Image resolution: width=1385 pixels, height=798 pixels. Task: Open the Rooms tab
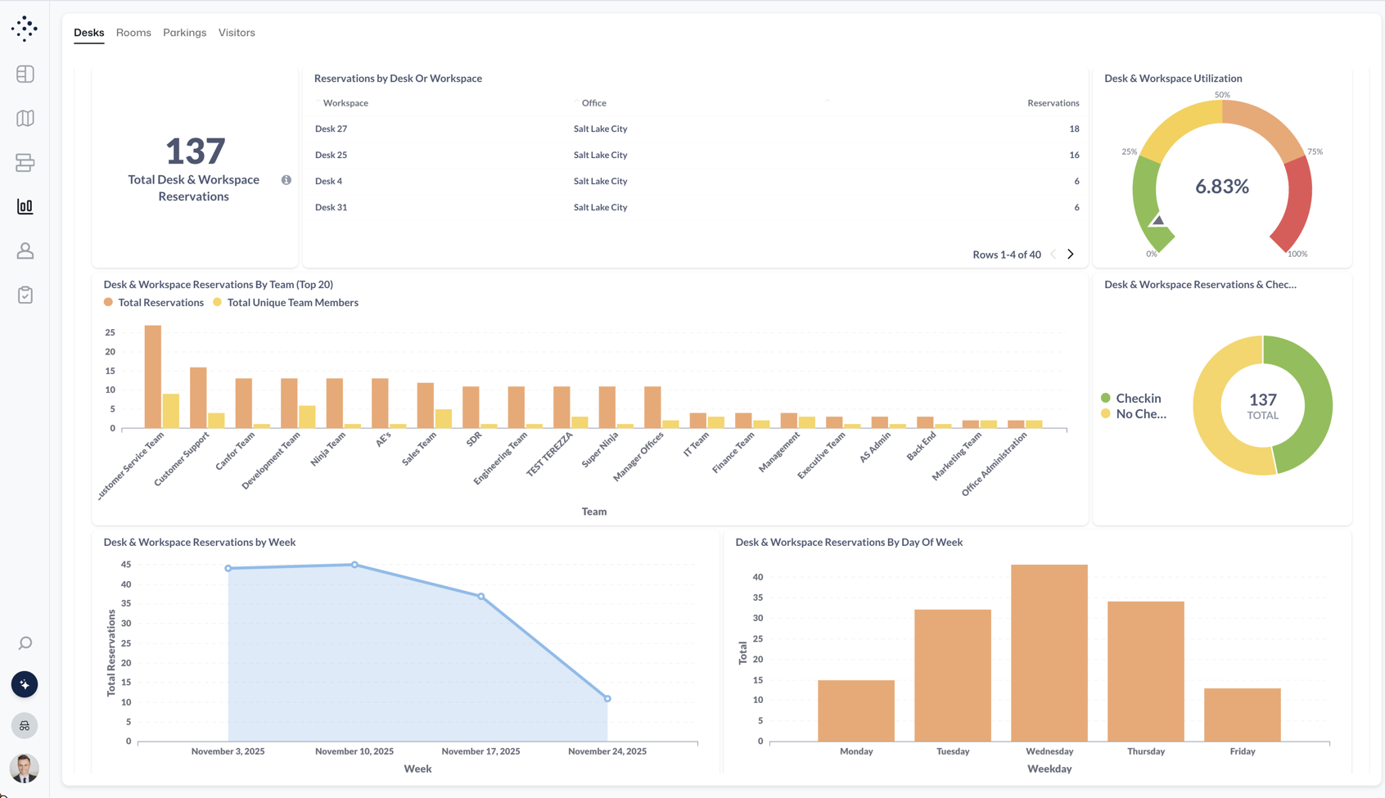point(133,33)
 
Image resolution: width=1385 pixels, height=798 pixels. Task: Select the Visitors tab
point(237,33)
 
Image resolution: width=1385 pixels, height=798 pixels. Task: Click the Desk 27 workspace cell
point(331,128)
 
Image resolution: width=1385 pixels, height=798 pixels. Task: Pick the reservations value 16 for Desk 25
point(1073,155)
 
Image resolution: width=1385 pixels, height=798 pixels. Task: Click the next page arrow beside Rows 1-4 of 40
point(1070,255)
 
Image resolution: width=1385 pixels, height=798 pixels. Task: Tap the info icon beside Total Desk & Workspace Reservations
point(286,180)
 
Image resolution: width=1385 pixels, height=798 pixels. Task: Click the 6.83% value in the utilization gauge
point(1221,187)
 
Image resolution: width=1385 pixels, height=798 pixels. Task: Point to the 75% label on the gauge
point(1315,151)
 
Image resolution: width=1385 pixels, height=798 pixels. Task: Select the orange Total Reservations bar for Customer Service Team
point(153,376)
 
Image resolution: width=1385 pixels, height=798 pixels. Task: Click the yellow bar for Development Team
point(307,417)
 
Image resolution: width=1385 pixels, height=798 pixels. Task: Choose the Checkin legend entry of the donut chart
point(1137,399)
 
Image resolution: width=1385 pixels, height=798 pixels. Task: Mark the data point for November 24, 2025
point(607,698)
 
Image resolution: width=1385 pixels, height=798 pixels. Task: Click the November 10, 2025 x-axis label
point(354,751)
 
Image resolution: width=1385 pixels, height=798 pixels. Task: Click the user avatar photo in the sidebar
point(25,768)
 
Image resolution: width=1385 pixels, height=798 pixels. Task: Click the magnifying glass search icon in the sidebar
point(25,643)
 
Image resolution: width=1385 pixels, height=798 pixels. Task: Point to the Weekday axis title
point(1049,769)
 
